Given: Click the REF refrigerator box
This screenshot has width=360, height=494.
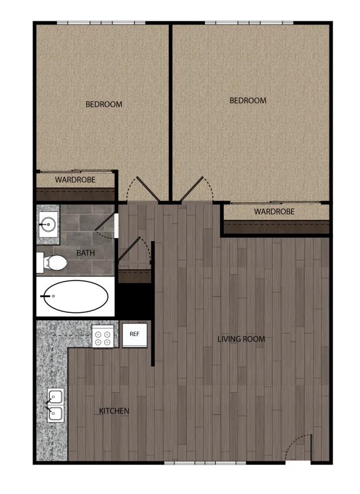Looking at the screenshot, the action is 134,335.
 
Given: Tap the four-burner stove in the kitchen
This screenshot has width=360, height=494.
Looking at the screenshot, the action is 102,337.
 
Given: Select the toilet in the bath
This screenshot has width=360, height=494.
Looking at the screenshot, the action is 52,262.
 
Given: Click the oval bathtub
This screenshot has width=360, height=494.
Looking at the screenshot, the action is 76,296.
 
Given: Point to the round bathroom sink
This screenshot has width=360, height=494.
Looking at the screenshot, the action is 48,224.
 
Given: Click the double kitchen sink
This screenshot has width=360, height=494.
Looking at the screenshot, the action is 56,405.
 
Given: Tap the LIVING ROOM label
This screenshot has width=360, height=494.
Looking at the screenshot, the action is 241,339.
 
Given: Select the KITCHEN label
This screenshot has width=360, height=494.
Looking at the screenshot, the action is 114,411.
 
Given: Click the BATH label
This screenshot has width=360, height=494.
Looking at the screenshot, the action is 86,253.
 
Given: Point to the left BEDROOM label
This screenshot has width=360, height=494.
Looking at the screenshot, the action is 104,104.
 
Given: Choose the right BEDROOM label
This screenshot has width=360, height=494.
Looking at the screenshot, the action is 247,101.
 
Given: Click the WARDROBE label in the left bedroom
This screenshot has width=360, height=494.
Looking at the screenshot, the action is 75,180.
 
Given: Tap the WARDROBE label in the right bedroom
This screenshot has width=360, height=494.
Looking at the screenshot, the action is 274,211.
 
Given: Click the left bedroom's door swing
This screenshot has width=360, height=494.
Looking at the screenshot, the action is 143,189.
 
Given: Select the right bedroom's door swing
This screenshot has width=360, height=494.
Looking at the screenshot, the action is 197,189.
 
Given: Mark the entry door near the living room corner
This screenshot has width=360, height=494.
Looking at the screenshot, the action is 299,447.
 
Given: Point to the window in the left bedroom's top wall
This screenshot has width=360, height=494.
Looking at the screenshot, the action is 101,22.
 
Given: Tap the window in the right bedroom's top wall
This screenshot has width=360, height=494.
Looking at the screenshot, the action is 249,22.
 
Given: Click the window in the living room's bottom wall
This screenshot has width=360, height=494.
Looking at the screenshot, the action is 205,463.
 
